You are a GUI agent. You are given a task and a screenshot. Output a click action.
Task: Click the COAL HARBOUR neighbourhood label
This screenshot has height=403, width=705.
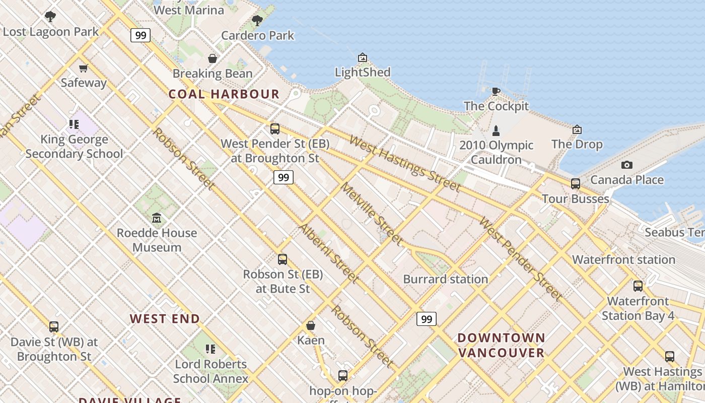[x=224, y=94]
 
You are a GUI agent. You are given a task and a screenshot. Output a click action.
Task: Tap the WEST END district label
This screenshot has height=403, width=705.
[x=165, y=319]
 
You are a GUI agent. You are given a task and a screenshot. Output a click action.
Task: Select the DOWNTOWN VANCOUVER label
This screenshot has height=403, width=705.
[x=502, y=345]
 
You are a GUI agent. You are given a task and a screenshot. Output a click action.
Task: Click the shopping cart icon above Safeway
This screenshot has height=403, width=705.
[x=84, y=68]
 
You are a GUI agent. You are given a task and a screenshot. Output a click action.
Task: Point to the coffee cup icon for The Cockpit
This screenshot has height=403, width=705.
[x=496, y=91]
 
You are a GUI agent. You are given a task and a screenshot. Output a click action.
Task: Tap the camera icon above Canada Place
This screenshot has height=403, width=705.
[x=626, y=165]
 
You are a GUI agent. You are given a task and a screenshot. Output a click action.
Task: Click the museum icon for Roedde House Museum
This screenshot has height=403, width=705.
[x=157, y=218]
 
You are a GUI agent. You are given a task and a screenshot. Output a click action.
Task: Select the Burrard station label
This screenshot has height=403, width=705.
[x=446, y=279]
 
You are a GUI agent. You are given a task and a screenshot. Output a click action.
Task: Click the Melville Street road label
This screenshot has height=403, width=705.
[x=372, y=214]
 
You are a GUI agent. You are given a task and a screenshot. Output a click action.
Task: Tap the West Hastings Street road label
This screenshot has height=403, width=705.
[x=405, y=164]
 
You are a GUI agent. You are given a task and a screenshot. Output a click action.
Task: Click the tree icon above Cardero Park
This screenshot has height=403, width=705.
[x=257, y=21]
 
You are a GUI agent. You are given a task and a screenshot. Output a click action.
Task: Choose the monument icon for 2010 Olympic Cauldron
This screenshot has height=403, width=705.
[x=496, y=131]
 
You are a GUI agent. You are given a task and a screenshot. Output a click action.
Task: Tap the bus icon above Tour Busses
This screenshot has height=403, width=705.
[x=576, y=184]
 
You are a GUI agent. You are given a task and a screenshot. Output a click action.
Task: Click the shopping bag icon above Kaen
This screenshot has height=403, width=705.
[x=311, y=325]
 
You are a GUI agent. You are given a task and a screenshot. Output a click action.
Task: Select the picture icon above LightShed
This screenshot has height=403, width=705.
[x=362, y=57]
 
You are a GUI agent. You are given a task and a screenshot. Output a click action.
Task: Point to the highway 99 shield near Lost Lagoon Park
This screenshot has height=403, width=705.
[x=140, y=35]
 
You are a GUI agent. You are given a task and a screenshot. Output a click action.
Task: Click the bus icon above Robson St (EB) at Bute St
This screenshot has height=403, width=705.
[x=283, y=259]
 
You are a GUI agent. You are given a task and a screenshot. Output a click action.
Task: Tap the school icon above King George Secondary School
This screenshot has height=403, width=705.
[x=74, y=124]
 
